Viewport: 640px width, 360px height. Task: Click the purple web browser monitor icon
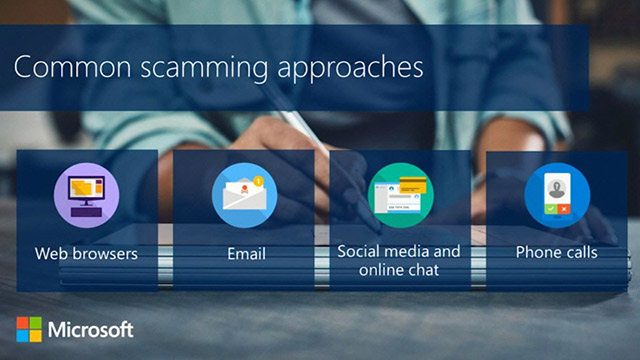point(86,193)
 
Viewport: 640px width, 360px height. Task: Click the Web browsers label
point(86,252)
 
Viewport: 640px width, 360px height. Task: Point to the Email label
point(244,252)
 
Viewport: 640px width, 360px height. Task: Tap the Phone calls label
point(556,252)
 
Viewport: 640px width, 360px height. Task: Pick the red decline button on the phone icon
point(564,208)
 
